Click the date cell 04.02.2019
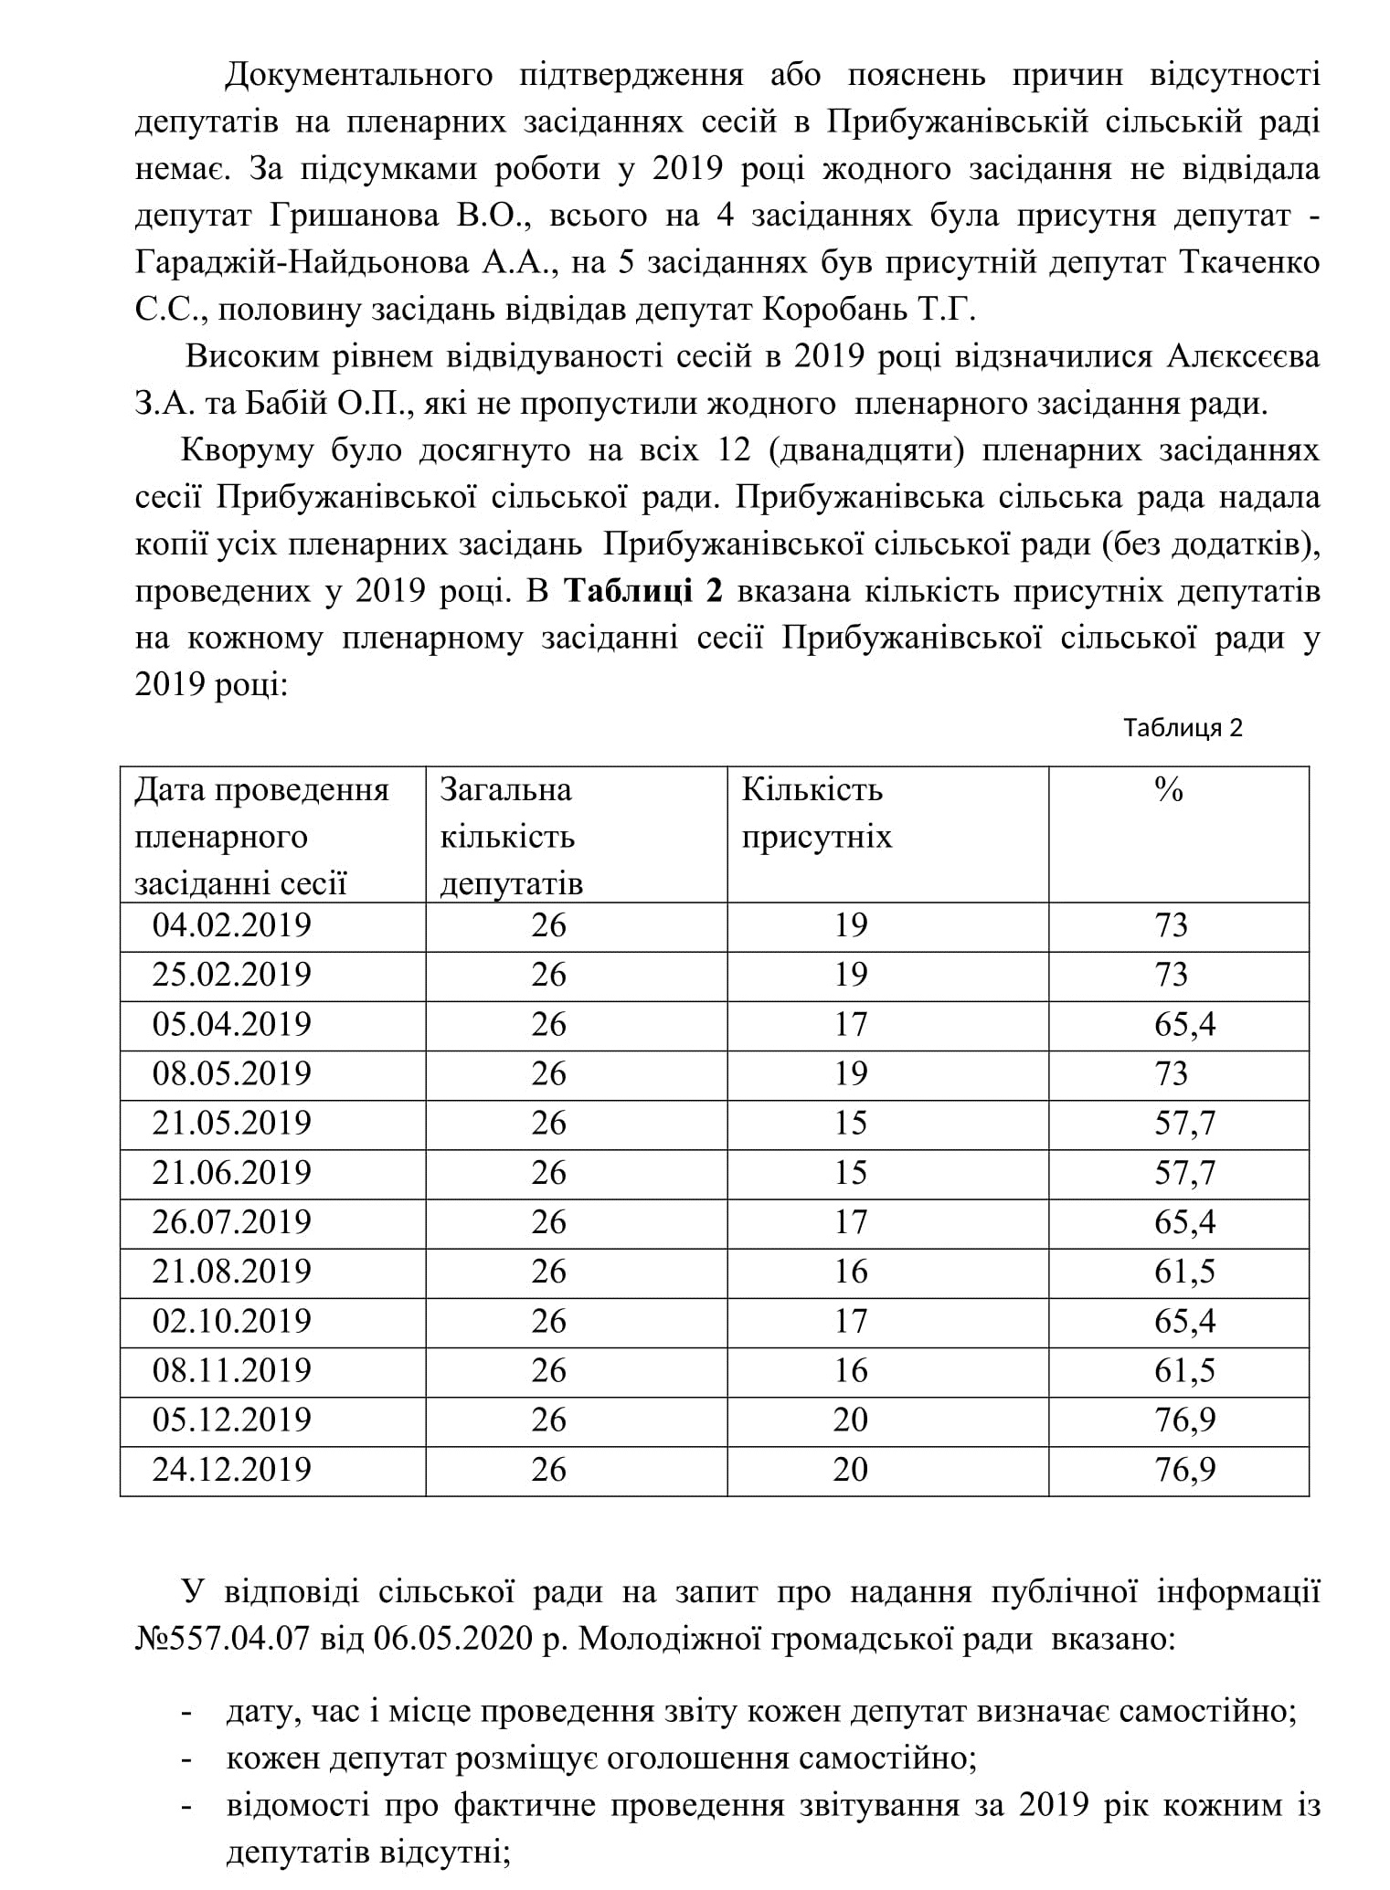[x=231, y=925]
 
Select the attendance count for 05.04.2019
[x=850, y=1024]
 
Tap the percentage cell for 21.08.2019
[x=1184, y=1271]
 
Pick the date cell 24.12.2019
[x=231, y=1469]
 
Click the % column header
[x=1169, y=790]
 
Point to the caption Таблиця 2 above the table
[x=1183, y=728]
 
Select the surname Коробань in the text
[x=828, y=311]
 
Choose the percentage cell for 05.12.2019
[x=1184, y=1420]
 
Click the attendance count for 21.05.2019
[x=850, y=1123]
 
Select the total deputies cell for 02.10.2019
[x=548, y=1321]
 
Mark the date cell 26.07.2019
[x=231, y=1222]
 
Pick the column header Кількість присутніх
[x=815, y=813]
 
